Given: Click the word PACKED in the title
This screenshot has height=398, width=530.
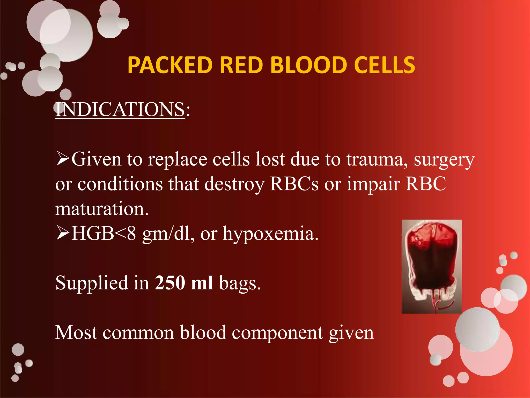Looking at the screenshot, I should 170,65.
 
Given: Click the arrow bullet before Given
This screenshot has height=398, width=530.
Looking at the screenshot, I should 63,159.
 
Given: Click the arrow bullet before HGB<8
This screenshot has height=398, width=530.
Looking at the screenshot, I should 63,233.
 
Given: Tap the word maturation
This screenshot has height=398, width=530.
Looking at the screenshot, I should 102,209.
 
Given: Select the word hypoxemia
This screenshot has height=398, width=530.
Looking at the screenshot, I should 270,234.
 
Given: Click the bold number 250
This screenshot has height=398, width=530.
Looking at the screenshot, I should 170,283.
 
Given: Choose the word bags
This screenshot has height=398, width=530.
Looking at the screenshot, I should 240,284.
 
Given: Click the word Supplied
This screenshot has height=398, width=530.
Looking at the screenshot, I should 92,283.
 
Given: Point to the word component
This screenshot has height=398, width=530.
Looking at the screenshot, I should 277,333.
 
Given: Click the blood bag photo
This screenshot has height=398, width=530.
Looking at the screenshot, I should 431,259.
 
